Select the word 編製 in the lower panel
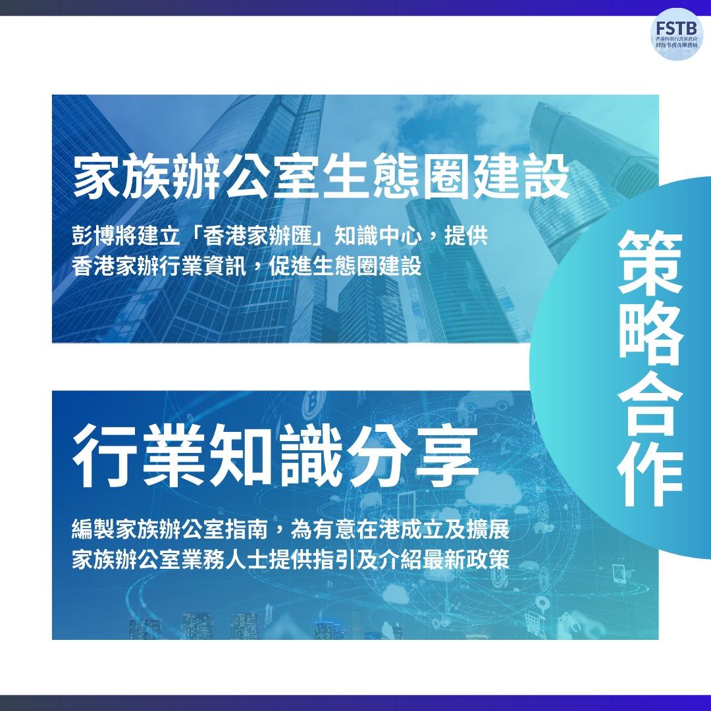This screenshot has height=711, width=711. point(92,531)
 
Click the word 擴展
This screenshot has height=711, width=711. point(492,531)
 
